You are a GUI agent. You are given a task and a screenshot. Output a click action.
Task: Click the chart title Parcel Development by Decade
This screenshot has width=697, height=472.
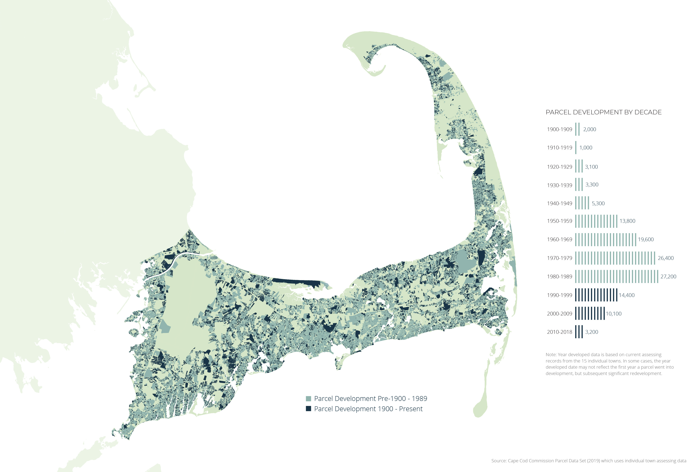[603, 112]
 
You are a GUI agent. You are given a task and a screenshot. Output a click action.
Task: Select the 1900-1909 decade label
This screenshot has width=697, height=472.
[559, 129]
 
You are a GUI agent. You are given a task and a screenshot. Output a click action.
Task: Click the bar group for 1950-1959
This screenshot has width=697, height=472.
[596, 221]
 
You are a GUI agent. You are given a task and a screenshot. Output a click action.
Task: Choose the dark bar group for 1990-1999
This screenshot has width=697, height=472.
[596, 295]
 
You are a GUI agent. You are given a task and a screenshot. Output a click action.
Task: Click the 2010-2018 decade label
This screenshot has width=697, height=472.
[559, 332]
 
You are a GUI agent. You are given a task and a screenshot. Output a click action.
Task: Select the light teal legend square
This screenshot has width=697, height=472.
[308, 399]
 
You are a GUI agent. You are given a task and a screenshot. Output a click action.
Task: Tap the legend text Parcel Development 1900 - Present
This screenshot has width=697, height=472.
[368, 409]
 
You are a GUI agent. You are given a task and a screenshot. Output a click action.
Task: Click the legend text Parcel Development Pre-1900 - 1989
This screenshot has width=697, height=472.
[370, 399]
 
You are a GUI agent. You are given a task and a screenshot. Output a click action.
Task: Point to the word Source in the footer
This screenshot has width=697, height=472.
[499, 461]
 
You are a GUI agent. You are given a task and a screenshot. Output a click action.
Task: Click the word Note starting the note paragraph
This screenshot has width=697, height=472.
[551, 355]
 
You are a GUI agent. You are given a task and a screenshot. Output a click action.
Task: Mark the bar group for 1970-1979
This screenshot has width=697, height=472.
[615, 258]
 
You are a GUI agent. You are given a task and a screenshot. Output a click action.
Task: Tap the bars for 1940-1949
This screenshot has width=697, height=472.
[582, 203]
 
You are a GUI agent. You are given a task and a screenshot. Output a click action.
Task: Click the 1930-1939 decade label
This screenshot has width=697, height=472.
[559, 185]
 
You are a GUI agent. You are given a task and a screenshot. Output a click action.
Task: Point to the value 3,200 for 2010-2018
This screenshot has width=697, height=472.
[592, 332]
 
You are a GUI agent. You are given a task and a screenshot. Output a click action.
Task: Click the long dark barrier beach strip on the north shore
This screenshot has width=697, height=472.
[297, 282]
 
